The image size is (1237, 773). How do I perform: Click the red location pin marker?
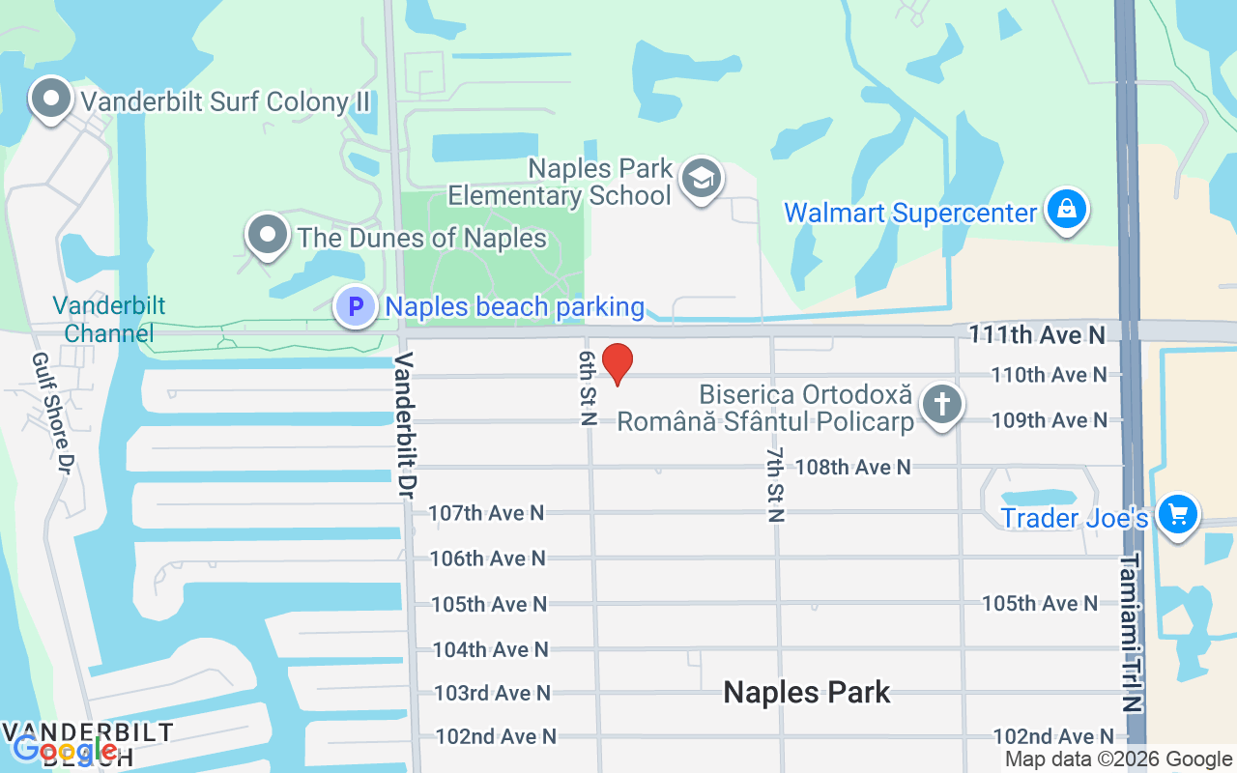pyautogui.click(x=618, y=363)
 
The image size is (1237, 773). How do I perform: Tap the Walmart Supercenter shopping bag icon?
pyautogui.click(x=1067, y=210)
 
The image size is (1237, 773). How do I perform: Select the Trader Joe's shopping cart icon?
pyautogui.click(x=1177, y=513)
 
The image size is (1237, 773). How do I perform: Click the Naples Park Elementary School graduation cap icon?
pyautogui.click(x=701, y=178)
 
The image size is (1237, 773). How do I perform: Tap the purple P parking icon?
pyautogui.click(x=356, y=307)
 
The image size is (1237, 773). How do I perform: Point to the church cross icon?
pyautogui.click(x=941, y=403)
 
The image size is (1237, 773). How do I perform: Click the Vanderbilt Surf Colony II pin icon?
pyautogui.click(x=50, y=99)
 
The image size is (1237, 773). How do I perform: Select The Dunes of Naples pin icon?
pyautogui.click(x=268, y=235)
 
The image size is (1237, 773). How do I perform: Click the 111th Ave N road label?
pyautogui.click(x=1037, y=334)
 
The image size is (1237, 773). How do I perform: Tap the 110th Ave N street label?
pyautogui.click(x=1049, y=375)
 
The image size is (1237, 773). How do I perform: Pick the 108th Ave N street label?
pyautogui.click(x=852, y=468)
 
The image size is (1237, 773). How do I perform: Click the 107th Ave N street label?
pyautogui.click(x=486, y=513)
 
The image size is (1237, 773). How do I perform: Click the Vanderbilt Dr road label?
pyautogui.click(x=405, y=425)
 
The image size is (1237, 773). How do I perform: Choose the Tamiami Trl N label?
pyautogui.click(x=1132, y=632)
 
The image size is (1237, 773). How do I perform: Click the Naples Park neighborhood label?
pyautogui.click(x=807, y=692)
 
